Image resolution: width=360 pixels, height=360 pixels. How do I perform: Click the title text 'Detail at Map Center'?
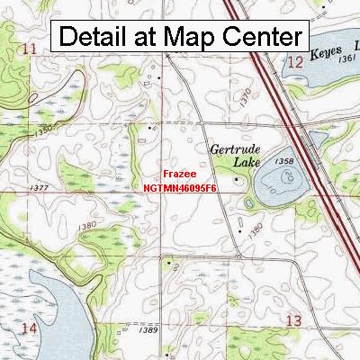tap(180, 37)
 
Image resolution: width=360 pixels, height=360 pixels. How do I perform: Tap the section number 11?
tap(30, 48)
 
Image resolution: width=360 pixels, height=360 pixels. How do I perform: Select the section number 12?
tap(294, 61)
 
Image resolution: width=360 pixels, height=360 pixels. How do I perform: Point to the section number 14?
tap(30, 328)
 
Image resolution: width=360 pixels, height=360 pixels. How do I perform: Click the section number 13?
tap(293, 321)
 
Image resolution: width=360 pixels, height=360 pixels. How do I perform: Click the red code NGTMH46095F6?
tap(179, 189)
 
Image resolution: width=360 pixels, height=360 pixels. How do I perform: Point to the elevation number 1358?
tap(284, 161)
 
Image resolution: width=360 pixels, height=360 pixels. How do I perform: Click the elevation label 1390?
tap(246, 96)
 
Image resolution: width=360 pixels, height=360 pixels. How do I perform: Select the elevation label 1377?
tap(39, 187)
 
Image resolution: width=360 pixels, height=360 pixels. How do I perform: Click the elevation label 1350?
tap(42, 133)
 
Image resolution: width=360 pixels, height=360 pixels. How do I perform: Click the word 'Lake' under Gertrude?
tap(232, 162)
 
